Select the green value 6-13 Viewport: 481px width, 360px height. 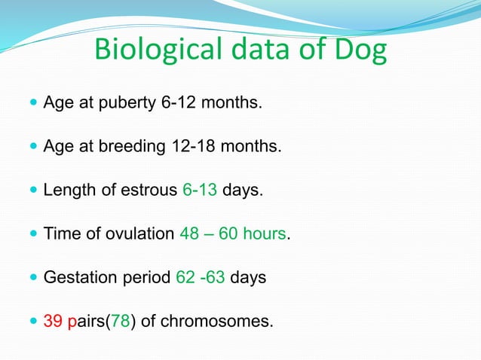tap(200, 190)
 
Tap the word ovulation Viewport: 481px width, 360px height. tap(139, 233)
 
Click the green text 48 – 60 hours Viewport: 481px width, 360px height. tap(233, 233)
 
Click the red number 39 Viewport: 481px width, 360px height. tap(54, 322)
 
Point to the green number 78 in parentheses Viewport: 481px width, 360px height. tap(120, 322)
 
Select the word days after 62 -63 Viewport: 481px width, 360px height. tap(248, 278)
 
